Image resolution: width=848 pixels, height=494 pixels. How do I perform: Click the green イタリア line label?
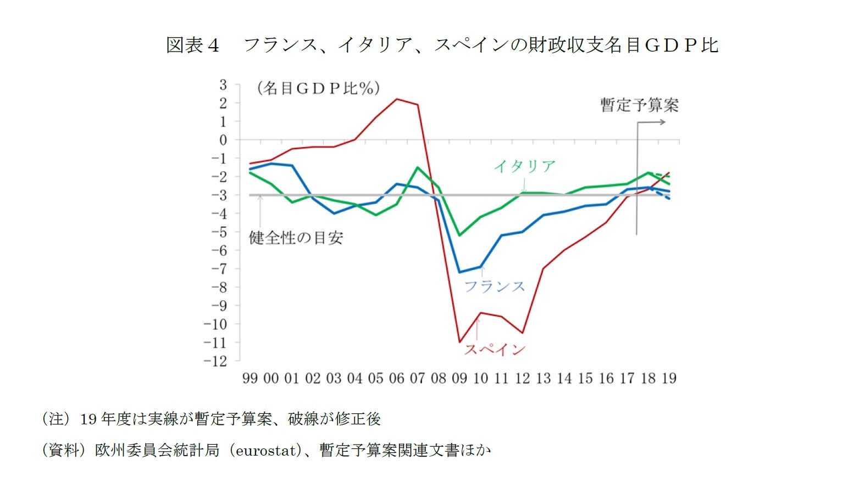524,166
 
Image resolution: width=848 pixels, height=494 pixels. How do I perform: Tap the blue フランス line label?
495,287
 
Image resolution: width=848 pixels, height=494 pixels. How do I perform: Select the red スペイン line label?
495,350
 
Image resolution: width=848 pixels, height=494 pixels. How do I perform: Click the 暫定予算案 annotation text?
639,105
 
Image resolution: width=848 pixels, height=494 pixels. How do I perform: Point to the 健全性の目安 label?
296,238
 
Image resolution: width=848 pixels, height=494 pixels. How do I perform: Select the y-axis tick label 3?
223,85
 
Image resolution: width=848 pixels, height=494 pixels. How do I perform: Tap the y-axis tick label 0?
223,141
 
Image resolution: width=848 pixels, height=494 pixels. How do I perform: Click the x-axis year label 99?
250,378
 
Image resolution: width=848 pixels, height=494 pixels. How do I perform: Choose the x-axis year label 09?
459,378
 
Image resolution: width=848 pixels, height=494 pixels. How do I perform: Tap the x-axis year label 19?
669,378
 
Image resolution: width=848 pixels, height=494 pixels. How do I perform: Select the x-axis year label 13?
543,378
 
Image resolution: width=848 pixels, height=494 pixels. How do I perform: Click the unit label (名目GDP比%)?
318,88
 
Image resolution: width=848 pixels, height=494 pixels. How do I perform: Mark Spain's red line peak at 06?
397,99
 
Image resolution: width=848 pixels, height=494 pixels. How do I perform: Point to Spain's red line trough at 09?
459,343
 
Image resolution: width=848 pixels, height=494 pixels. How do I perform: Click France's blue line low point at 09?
459,272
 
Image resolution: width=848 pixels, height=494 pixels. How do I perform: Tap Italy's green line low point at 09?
459,235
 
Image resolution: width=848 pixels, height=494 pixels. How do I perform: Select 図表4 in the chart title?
192,45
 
